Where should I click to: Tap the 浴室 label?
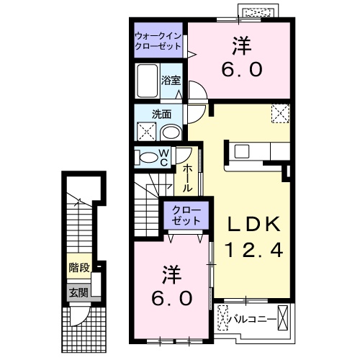(170, 80)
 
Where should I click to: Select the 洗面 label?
(160, 114)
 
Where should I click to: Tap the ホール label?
(186, 177)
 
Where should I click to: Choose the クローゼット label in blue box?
(187, 214)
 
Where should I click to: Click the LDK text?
(248, 224)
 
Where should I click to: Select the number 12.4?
(248, 251)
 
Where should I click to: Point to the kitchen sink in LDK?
(240, 150)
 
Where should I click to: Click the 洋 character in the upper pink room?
(241, 45)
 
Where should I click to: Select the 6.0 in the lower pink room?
(171, 299)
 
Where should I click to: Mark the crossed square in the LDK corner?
(279, 114)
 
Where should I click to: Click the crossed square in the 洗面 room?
(146, 132)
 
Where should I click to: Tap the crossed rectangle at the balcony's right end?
(287, 316)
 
